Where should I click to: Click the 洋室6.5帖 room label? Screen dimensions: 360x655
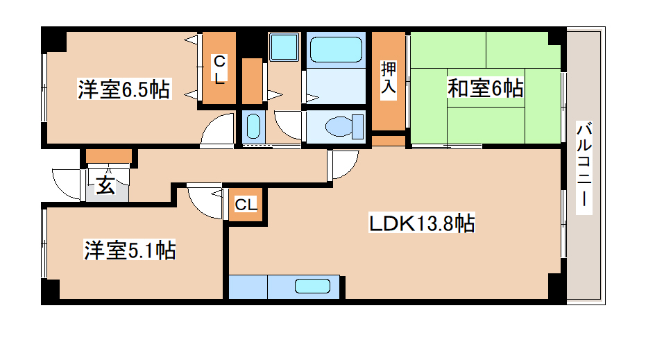point(124,89)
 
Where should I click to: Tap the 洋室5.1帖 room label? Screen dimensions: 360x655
point(130,250)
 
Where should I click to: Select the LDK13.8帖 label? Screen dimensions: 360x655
point(421,223)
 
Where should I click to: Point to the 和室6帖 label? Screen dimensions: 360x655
point(485,88)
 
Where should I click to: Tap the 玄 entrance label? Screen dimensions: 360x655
point(105,186)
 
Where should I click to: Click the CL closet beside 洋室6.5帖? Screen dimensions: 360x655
point(219,69)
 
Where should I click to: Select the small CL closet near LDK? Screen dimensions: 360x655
point(246,205)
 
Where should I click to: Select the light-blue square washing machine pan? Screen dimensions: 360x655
point(283,47)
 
